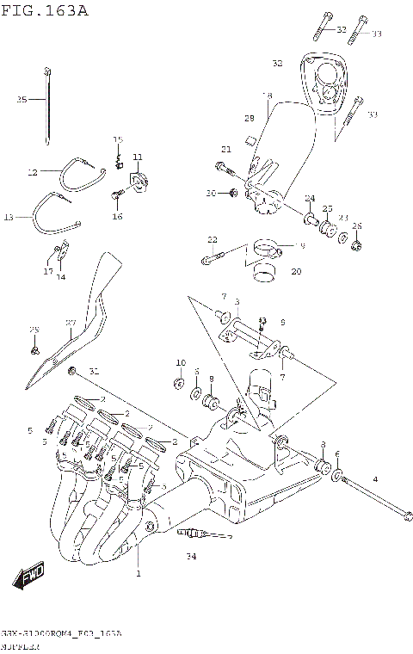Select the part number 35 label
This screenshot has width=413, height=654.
tap(22, 100)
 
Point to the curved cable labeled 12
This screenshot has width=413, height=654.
tap(82, 168)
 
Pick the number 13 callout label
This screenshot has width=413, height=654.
tap(9, 218)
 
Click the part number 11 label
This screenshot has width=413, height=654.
tap(137, 156)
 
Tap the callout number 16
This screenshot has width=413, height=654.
tap(117, 216)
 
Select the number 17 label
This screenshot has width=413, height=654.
tap(48, 271)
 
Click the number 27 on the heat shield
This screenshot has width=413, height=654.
tap(71, 323)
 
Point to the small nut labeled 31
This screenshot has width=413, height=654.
tap(72, 369)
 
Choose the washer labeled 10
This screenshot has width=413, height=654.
tap(178, 381)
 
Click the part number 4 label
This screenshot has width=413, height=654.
tap(374, 478)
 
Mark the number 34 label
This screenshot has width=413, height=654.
tap(191, 557)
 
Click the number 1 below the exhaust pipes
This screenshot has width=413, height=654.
tap(138, 573)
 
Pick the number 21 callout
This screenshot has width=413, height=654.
tap(226, 149)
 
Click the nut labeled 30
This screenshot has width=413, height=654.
tap(234, 193)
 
